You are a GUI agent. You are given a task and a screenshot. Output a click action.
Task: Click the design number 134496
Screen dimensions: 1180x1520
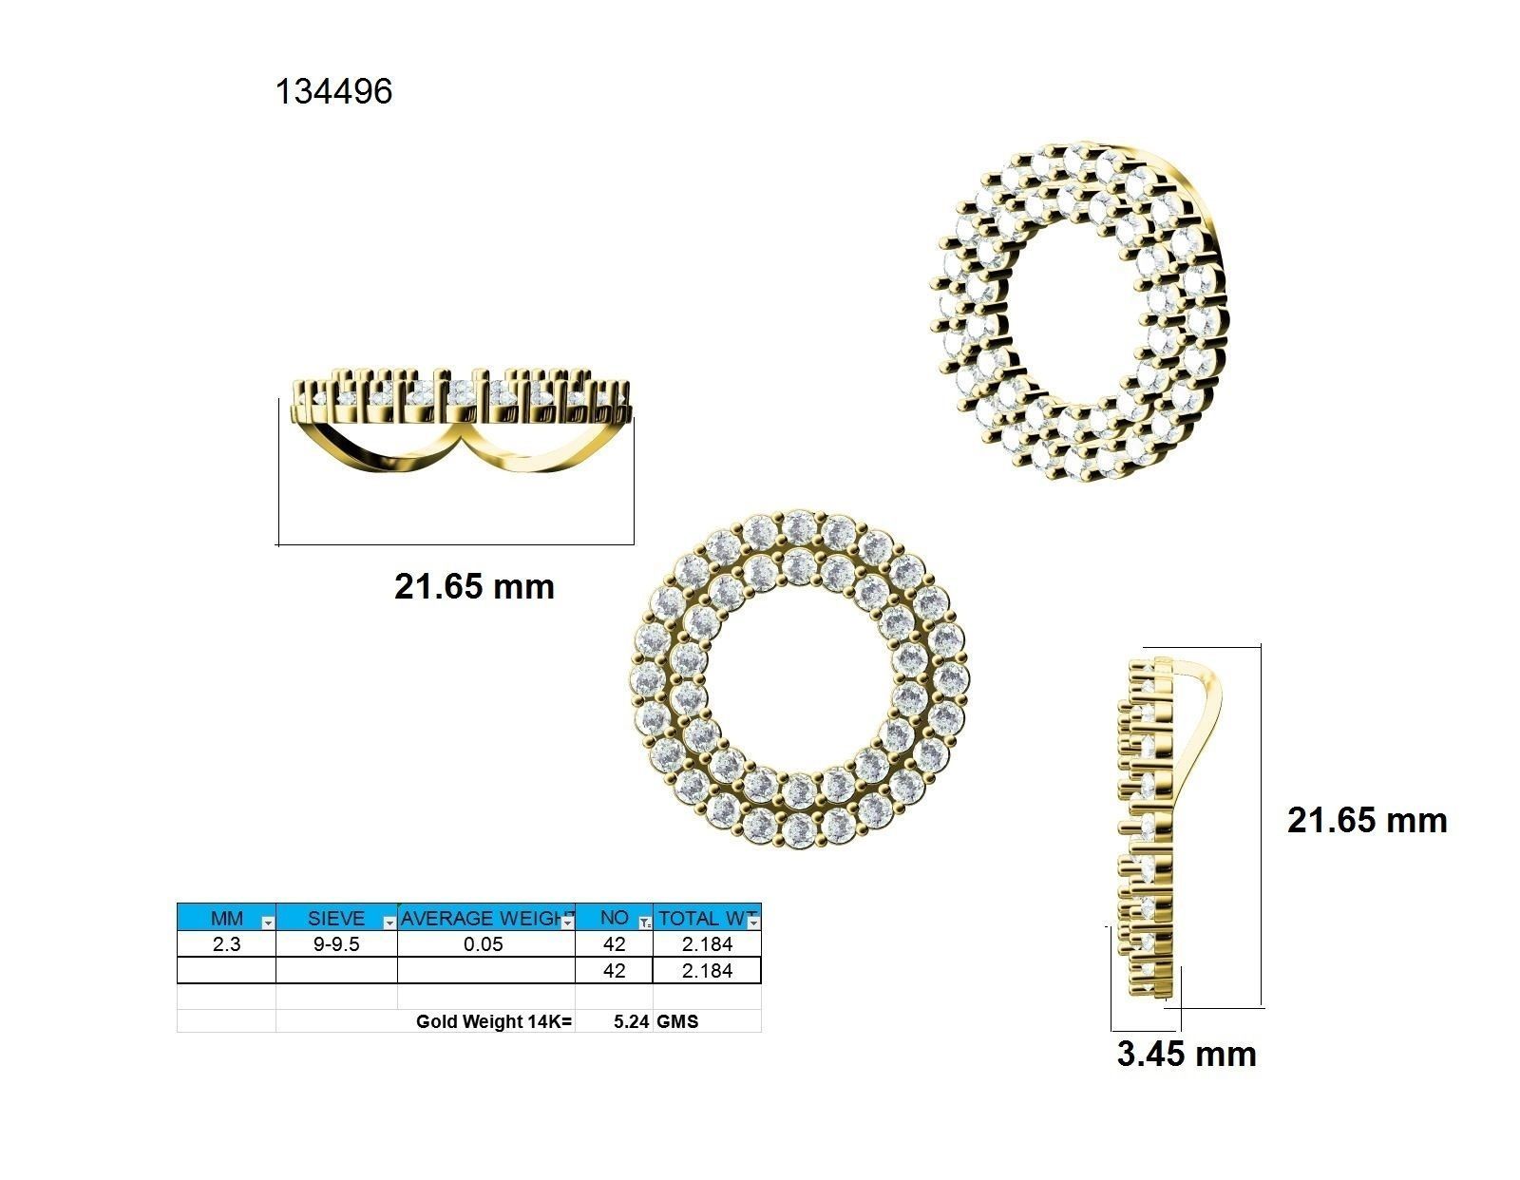(x=333, y=92)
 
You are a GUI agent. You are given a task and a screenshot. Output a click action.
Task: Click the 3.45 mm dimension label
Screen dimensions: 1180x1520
(x=1186, y=1054)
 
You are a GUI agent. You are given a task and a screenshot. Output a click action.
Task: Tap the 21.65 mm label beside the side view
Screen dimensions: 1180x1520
(x=1366, y=820)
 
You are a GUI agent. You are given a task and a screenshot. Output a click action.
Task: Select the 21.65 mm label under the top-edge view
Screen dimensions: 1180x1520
(x=474, y=586)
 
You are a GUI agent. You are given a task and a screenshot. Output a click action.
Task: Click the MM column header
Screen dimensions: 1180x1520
(x=226, y=918)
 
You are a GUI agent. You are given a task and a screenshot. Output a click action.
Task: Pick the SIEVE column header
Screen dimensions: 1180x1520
(x=335, y=918)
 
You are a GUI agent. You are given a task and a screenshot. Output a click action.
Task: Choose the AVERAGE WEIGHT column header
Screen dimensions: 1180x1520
(x=481, y=918)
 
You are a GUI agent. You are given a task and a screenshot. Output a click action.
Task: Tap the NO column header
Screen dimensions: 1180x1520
(x=614, y=918)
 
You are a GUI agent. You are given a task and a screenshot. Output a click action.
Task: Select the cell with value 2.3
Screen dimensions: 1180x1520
(x=226, y=944)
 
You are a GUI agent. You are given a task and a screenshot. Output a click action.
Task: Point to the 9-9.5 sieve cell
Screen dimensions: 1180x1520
(x=335, y=944)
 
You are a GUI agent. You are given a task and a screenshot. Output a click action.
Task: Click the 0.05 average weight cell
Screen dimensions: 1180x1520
(x=484, y=944)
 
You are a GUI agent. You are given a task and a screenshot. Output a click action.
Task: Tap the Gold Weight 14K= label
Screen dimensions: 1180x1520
(x=494, y=1022)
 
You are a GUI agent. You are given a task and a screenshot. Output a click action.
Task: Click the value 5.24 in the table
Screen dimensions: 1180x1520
(x=631, y=1022)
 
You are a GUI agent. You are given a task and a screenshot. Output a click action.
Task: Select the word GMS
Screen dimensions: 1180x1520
(x=677, y=1022)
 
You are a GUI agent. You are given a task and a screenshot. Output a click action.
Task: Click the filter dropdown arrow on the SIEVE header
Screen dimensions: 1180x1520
(x=389, y=923)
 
